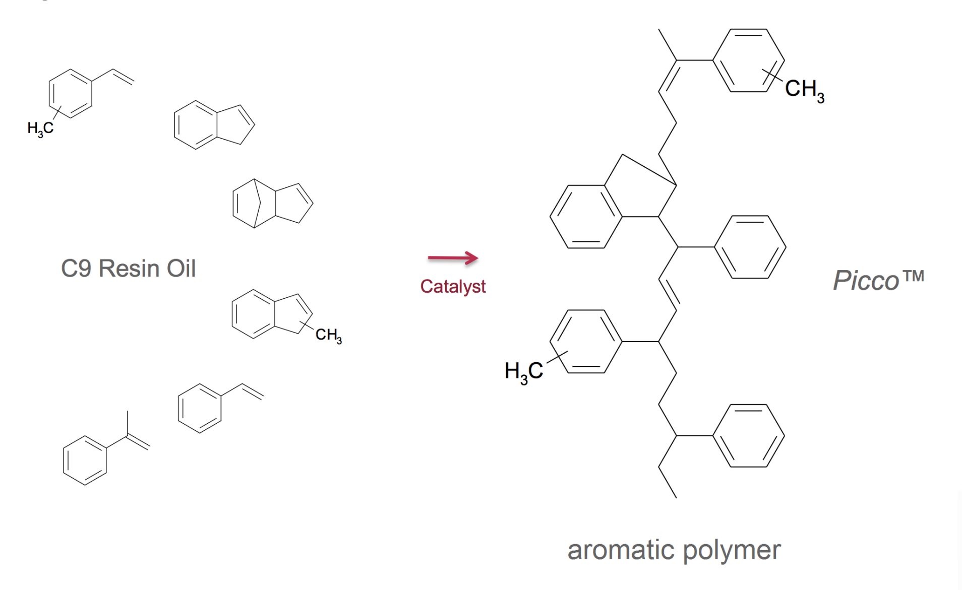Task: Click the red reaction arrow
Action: coord(452,258)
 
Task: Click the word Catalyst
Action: coord(452,286)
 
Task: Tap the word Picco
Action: coord(865,280)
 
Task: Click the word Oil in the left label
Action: coord(181,269)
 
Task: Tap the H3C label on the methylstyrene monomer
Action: coord(40,129)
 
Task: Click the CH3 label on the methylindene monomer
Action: coord(328,335)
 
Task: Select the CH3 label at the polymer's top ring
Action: coord(804,89)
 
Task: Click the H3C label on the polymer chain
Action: coord(523,372)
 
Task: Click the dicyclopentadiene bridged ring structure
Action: coord(272,204)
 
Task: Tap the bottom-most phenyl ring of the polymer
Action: coord(748,436)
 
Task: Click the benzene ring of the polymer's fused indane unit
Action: coord(586,217)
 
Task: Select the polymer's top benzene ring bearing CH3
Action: coord(748,60)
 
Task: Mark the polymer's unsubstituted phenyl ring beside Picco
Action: coord(750,247)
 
